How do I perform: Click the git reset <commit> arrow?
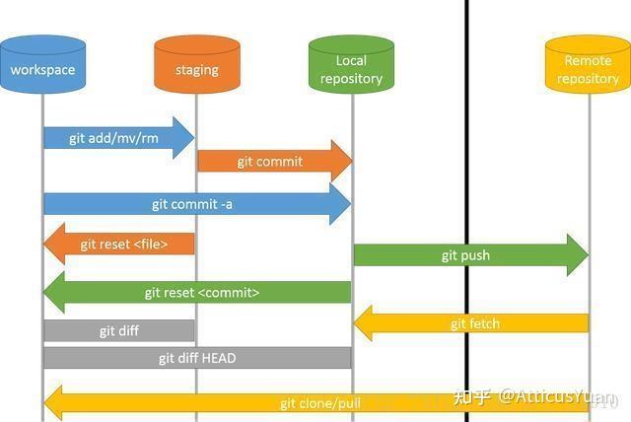(197, 293)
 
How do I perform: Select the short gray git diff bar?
(118, 331)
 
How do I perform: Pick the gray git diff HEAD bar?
(197, 358)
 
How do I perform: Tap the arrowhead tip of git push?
(584, 255)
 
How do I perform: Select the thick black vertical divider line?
(466, 197)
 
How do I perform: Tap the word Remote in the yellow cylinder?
(588, 60)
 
